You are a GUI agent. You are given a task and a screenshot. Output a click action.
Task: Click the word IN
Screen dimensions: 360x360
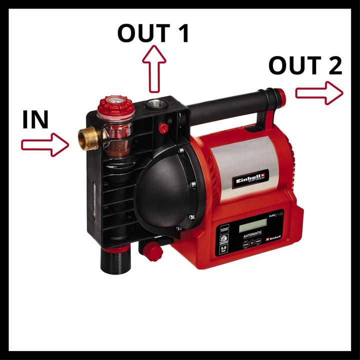(35, 120)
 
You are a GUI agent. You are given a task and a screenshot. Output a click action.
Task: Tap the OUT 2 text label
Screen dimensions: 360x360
(305, 65)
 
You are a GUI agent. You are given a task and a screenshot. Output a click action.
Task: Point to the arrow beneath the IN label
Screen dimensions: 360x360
(44, 144)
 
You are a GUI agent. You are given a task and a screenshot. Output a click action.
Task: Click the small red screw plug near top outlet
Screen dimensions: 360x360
(162, 127)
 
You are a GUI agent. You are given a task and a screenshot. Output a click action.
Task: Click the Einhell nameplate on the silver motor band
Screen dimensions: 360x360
(250, 176)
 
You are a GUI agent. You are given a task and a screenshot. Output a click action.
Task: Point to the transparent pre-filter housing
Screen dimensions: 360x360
(116, 133)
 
